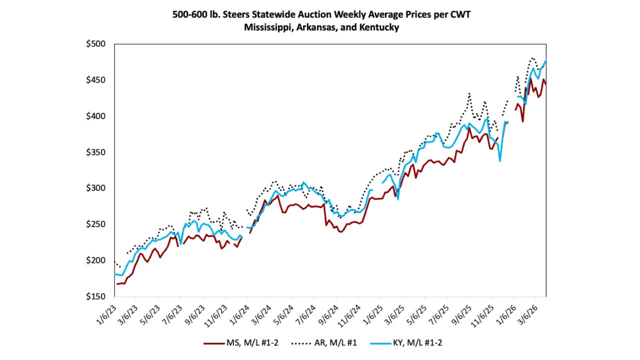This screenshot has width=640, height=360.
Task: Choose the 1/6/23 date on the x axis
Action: (105, 310)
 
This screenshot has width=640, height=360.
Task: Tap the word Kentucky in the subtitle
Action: (378, 27)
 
